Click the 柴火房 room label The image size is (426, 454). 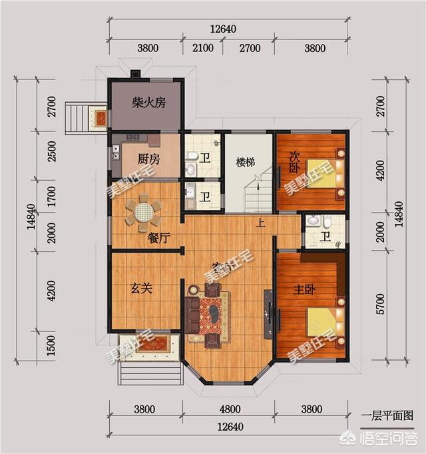148,103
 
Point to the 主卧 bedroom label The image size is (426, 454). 304,290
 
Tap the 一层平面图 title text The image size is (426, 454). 387,416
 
